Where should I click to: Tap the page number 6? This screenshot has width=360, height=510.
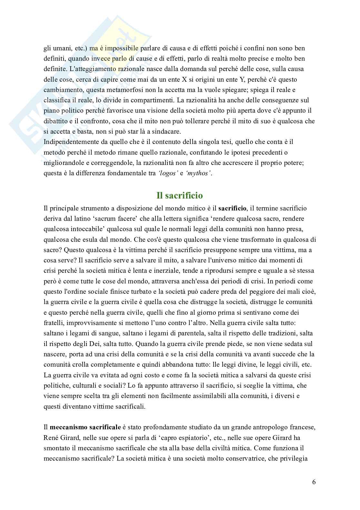(x=314, y=482)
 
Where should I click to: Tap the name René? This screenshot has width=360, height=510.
(x=51, y=438)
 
